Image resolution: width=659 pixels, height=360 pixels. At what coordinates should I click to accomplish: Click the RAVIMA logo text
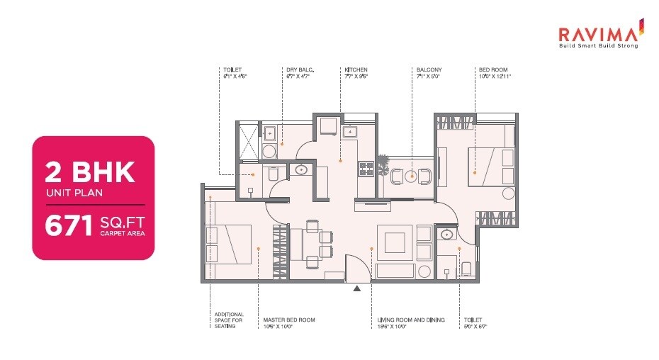[599, 33]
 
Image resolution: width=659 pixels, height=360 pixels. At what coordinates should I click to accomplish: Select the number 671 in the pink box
[67, 226]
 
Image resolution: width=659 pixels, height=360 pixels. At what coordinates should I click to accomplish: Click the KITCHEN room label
[356, 69]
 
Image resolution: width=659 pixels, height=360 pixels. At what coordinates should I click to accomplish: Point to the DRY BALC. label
[300, 69]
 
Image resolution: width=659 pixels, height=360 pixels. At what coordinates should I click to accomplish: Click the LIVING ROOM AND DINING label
[411, 320]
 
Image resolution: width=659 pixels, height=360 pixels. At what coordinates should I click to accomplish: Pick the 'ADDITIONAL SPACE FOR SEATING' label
[229, 320]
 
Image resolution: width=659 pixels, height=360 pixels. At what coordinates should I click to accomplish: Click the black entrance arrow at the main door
[357, 288]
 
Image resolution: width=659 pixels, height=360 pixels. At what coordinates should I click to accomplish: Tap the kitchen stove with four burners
[366, 169]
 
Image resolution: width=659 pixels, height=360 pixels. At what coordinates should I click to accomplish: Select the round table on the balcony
[411, 176]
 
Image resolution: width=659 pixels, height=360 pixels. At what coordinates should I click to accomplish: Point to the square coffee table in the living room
[392, 243]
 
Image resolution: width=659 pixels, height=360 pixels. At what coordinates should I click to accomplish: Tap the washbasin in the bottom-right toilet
[446, 235]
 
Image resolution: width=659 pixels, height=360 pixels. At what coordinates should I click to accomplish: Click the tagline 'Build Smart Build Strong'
[599, 46]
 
